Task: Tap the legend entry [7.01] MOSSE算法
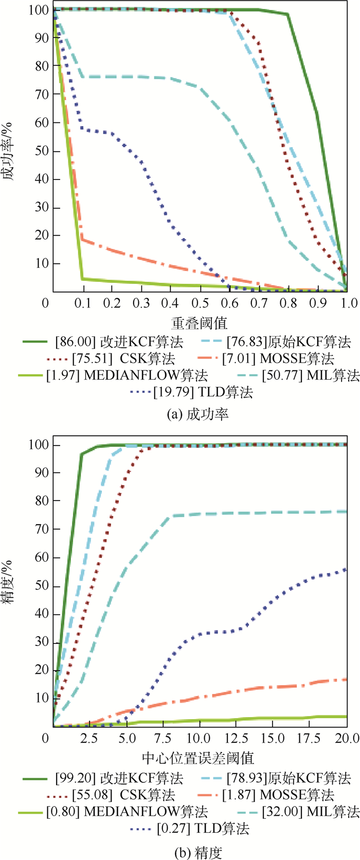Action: pyautogui.click(x=278, y=359)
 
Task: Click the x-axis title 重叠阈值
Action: pyautogui.click(x=200, y=322)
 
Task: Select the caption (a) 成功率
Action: pyautogui.click(x=199, y=414)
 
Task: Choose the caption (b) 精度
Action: pyautogui.click(x=199, y=851)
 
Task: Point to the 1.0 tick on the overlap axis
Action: pyautogui.click(x=349, y=302)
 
